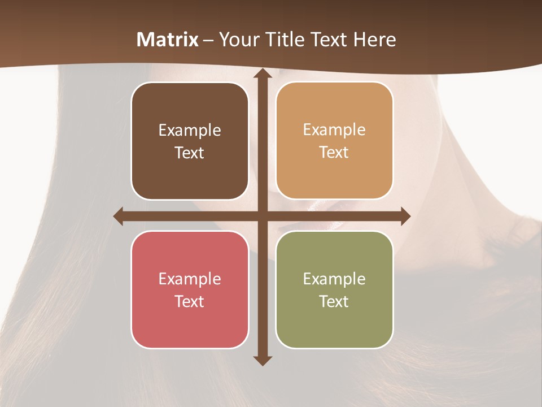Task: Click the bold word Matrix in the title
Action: pyautogui.click(x=168, y=40)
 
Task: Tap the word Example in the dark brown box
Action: pyautogui.click(x=190, y=131)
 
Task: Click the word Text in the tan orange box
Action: pyautogui.click(x=334, y=153)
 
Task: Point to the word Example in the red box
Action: pyautogui.click(x=190, y=279)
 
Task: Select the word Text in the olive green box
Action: pyautogui.click(x=334, y=301)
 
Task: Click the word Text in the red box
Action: pyautogui.click(x=190, y=301)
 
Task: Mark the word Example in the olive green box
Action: pyautogui.click(x=334, y=279)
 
